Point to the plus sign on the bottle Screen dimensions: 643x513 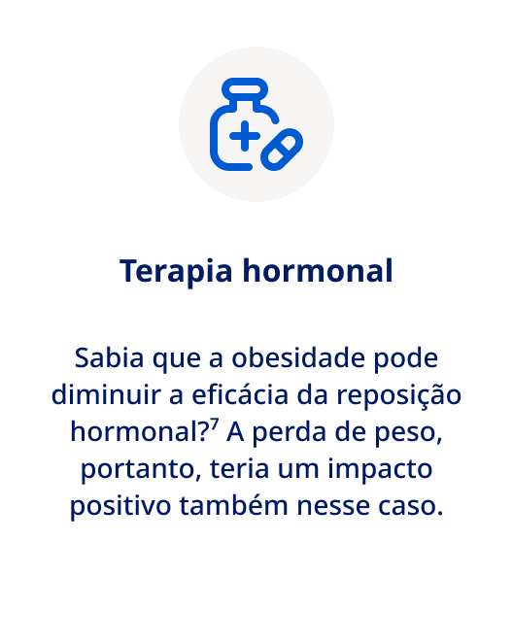[x=244, y=135]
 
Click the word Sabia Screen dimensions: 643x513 [x=106, y=357]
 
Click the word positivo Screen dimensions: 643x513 [x=120, y=506]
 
